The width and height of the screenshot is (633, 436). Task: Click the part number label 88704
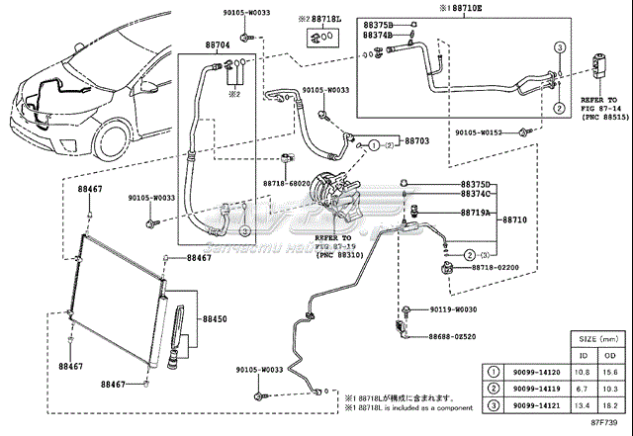click(x=220, y=45)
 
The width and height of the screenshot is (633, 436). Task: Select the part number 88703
click(x=417, y=141)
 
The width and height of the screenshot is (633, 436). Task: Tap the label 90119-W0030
click(x=453, y=309)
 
